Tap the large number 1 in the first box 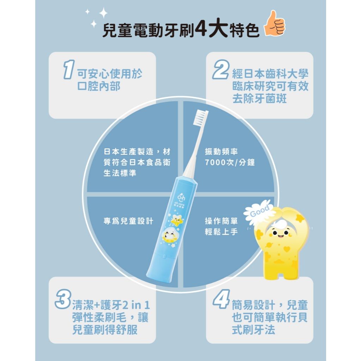pos(67,69)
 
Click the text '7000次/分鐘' pos(230,163)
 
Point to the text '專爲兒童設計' pos(128,221)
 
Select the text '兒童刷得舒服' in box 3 pos(104,330)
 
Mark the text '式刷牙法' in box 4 pos(253,330)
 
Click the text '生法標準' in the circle pos(120,174)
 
